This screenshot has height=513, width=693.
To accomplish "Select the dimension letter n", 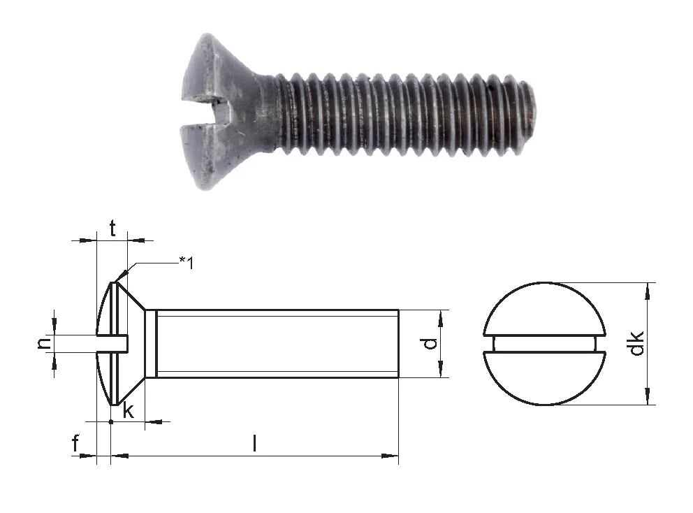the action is [x=45, y=343].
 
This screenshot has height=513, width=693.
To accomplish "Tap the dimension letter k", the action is [x=128, y=410].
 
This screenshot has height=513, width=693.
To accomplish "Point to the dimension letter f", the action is [x=75, y=443].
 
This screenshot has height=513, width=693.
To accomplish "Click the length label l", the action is [x=254, y=443].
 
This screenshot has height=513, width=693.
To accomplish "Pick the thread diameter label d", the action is [x=430, y=343].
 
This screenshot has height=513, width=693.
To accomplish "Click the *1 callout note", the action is [x=187, y=263].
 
